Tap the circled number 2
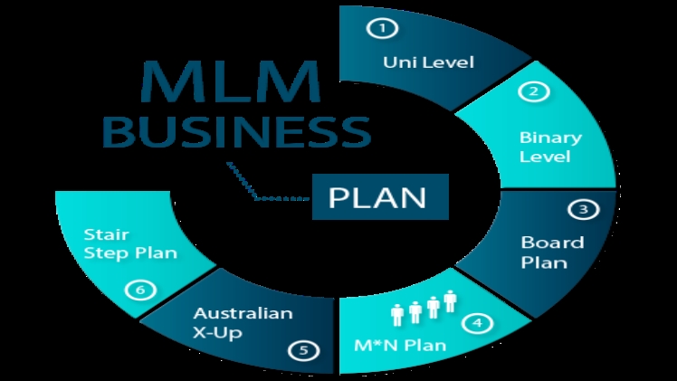coord(533,91)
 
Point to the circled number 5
coord(303,348)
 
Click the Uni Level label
coord(415,63)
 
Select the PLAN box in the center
coord(381,196)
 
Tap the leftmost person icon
coord(396,314)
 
